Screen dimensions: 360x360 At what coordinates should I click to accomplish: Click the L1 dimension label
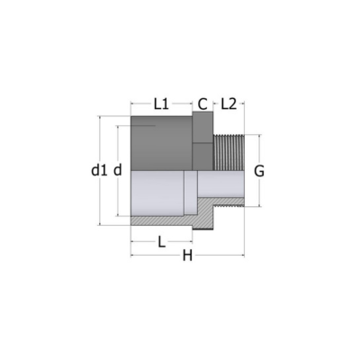(x=161, y=104)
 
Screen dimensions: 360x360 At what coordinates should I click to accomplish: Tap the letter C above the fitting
(x=202, y=104)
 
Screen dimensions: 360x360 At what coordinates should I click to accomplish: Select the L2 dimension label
(x=229, y=104)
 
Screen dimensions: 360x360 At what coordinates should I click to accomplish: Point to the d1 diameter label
(x=99, y=171)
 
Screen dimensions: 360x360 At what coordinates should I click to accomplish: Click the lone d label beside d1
(x=118, y=171)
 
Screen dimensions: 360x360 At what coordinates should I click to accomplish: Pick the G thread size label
(x=259, y=172)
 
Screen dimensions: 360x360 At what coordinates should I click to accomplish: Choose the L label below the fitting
(x=162, y=242)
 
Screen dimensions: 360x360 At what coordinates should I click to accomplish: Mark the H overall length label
(x=188, y=256)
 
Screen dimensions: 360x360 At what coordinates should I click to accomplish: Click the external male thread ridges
(x=229, y=152)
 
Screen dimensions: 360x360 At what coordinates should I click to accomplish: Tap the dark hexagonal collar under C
(x=202, y=140)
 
